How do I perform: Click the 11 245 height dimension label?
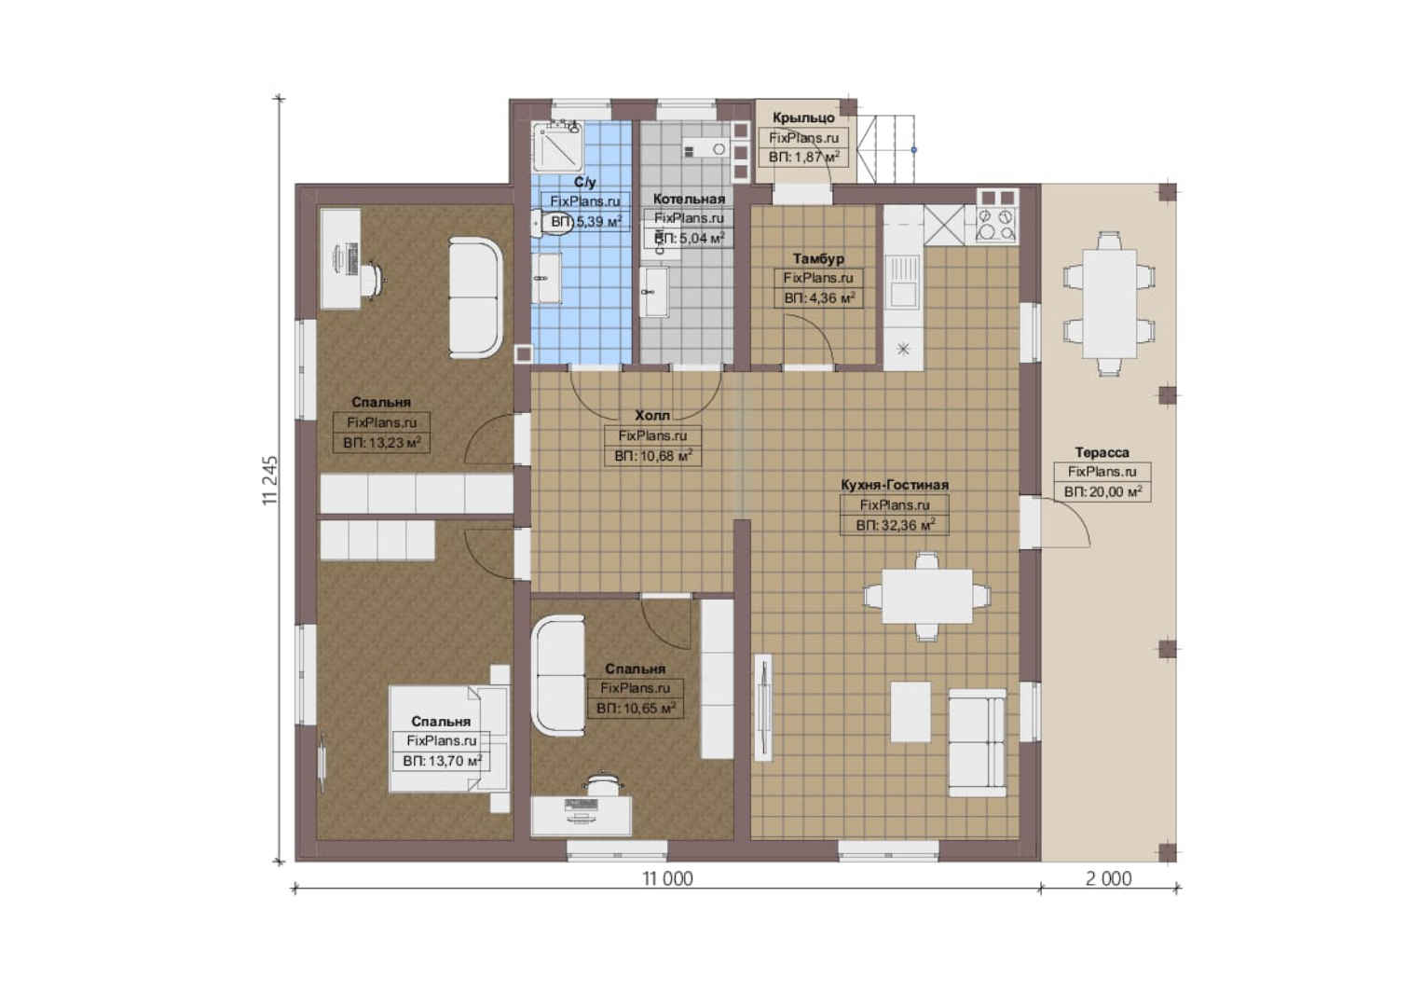coord(270,480)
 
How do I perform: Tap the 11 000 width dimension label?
coord(667,878)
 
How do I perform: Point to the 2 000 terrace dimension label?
coord(1109,878)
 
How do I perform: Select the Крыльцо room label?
coord(803,117)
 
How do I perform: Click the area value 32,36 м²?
coord(903,525)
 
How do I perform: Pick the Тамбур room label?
coord(818,258)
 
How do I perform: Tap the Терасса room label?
coord(1102,452)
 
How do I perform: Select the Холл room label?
coord(652,416)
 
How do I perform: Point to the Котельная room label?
coord(689,199)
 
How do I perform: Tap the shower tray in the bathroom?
coord(557,147)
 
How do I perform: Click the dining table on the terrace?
coord(1109,304)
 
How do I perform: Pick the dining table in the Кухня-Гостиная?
coord(927,596)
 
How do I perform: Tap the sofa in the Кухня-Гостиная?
coord(978,743)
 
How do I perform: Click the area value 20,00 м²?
coord(1110,491)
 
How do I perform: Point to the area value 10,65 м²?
coord(643,708)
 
